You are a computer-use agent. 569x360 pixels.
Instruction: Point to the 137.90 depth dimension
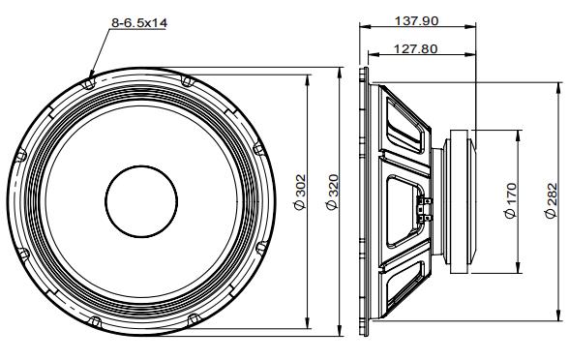coord(417,19)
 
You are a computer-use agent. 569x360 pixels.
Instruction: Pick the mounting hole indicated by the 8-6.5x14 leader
coord(90,83)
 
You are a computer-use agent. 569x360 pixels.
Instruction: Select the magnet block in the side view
coord(458,200)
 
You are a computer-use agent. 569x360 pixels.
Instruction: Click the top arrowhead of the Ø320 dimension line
coord(340,72)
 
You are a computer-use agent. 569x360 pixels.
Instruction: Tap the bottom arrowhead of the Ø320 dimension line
coord(340,335)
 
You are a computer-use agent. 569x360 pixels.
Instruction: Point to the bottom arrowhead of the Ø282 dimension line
coord(559,315)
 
